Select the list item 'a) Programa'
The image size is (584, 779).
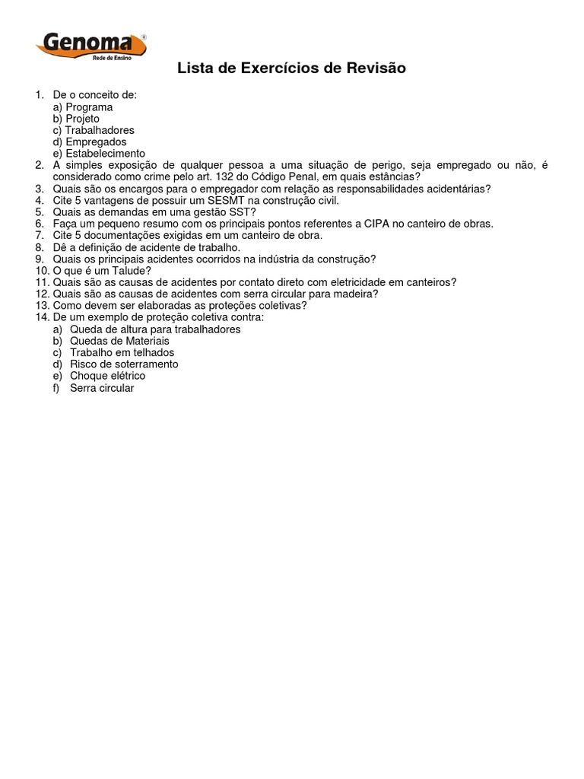(83, 107)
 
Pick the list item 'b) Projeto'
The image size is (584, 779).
(76, 119)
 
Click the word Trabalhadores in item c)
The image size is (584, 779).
(99, 130)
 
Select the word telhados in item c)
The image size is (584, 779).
(154, 352)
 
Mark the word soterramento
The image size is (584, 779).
(141, 364)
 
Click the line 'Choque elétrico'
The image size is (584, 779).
(107, 376)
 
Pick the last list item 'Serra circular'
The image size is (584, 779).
(102, 388)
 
